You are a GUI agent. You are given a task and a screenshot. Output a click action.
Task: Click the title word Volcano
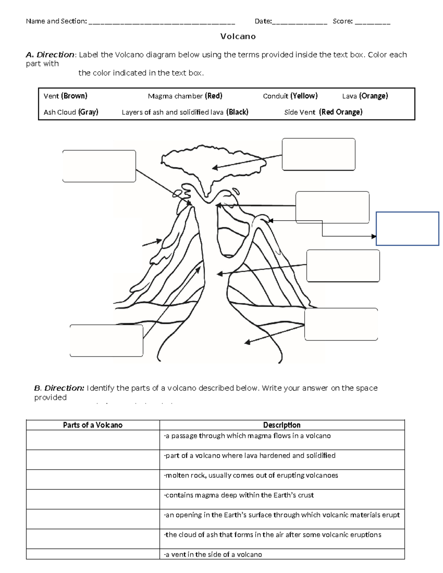pos(238,37)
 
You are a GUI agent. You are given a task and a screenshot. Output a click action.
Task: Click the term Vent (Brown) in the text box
pos(65,96)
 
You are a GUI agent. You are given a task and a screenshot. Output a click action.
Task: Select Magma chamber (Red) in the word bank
pos(185,96)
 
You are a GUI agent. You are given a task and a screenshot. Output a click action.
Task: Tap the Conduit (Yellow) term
pos(290,96)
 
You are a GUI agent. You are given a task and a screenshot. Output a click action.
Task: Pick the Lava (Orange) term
pos(365,96)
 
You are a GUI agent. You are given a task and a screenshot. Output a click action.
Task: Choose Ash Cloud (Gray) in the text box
pos(71,112)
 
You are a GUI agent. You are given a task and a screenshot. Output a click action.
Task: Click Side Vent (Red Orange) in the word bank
pos(323,112)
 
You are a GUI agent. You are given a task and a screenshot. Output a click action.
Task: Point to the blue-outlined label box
pos(407,228)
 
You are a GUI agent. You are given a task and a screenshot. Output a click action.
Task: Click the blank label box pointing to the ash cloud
pos(318,154)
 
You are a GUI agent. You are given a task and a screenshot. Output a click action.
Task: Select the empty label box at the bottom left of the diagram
pos(106,341)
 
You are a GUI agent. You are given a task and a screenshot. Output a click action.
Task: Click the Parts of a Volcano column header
pos(93,425)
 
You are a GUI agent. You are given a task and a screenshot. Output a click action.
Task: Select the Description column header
pos(282,425)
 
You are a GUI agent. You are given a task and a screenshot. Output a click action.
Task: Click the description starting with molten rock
pos(251,475)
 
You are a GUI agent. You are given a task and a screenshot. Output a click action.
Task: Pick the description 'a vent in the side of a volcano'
pos(213,554)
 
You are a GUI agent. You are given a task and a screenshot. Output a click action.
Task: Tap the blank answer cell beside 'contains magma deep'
pos(93,499)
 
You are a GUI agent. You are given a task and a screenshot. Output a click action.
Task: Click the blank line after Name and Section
pos(162,22)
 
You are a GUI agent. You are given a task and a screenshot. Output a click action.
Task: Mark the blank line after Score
pos(372,22)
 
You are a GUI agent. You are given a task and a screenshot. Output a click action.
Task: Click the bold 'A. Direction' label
pos(50,55)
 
